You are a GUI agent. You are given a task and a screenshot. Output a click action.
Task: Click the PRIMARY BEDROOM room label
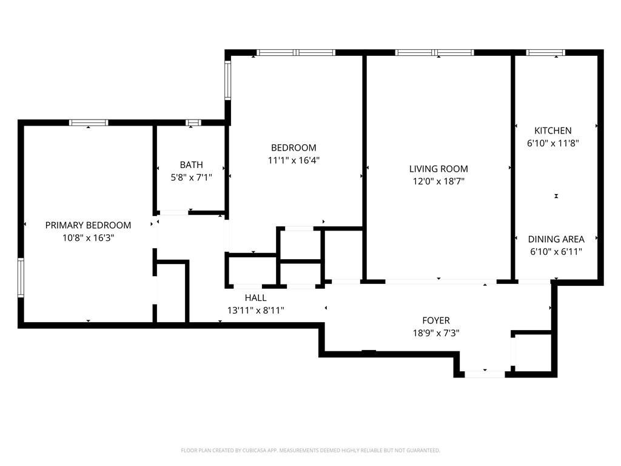(88, 225)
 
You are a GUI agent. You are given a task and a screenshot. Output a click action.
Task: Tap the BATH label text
(191, 164)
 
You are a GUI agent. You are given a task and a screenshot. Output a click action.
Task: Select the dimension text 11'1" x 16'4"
(294, 161)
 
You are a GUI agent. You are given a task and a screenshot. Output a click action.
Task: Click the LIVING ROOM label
(438, 169)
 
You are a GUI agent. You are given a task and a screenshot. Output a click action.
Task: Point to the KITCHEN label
(552, 130)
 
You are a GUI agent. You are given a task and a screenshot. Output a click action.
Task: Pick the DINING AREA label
(556, 239)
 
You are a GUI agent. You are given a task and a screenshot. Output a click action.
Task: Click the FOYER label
(436, 320)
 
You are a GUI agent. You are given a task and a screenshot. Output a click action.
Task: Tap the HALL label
(255, 297)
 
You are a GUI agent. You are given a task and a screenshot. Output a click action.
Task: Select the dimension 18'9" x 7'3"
(436, 333)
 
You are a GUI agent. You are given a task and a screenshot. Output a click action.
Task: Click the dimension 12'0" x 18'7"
(438, 181)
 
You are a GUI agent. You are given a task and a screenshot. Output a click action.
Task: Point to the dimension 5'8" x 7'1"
(191, 177)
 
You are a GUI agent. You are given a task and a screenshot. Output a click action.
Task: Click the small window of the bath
(193, 123)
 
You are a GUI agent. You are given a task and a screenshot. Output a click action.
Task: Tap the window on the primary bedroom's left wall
(21, 277)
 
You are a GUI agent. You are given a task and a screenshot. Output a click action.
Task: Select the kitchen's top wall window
(545, 53)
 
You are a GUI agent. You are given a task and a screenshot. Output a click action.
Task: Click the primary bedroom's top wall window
(89, 123)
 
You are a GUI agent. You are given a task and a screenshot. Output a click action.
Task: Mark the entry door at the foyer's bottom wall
(484, 374)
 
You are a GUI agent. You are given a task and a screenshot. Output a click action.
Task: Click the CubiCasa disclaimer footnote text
(310, 450)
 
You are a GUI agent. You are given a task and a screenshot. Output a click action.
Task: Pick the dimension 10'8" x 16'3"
(88, 238)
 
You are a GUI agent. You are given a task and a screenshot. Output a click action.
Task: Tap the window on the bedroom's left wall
(228, 81)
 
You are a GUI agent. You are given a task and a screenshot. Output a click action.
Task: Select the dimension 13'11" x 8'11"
(255, 310)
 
